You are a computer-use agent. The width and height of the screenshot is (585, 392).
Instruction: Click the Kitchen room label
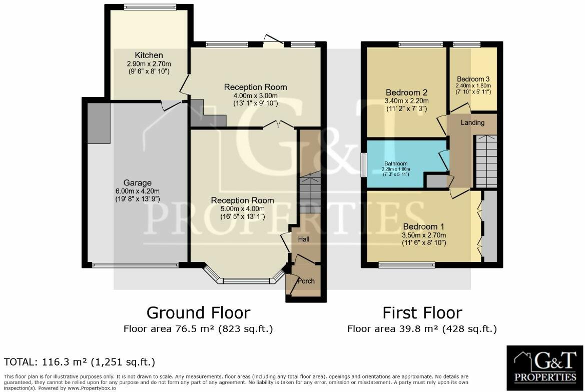[x=148, y=55]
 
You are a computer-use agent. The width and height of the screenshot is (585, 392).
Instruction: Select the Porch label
[x=306, y=281]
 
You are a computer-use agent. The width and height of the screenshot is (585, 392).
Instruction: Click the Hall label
[x=304, y=239]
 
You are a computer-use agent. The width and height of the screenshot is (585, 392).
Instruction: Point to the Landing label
[x=472, y=122]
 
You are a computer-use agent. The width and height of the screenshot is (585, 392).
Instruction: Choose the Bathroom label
[x=396, y=163]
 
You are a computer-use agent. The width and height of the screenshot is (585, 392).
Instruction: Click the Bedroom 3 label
[x=473, y=79]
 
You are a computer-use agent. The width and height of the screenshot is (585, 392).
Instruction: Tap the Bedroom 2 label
[x=406, y=92]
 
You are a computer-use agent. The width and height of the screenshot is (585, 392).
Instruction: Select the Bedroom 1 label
[x=423, y=225]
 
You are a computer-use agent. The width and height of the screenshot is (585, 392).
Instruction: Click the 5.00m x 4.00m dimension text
[x=242, y=209]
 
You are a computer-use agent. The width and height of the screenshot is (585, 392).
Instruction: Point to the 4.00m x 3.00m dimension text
[x=255, y=95]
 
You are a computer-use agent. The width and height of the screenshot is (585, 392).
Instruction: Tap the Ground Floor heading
[x=198, y=313]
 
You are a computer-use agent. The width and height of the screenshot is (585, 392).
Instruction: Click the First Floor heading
[x=422, y=313]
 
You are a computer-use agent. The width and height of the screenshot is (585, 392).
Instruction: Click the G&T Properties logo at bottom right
[x=545, y=367]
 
